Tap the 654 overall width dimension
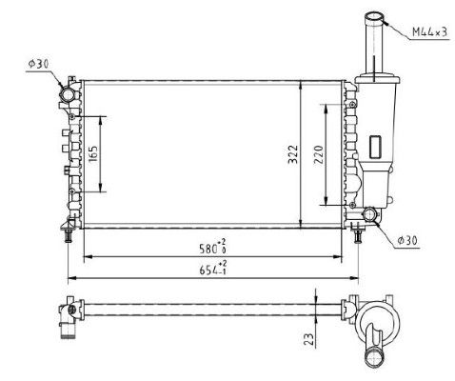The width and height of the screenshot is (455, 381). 211,270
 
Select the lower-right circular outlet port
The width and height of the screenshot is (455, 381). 368,217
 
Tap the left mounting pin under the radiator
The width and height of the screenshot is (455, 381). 69,234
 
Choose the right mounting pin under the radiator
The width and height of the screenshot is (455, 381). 359,234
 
